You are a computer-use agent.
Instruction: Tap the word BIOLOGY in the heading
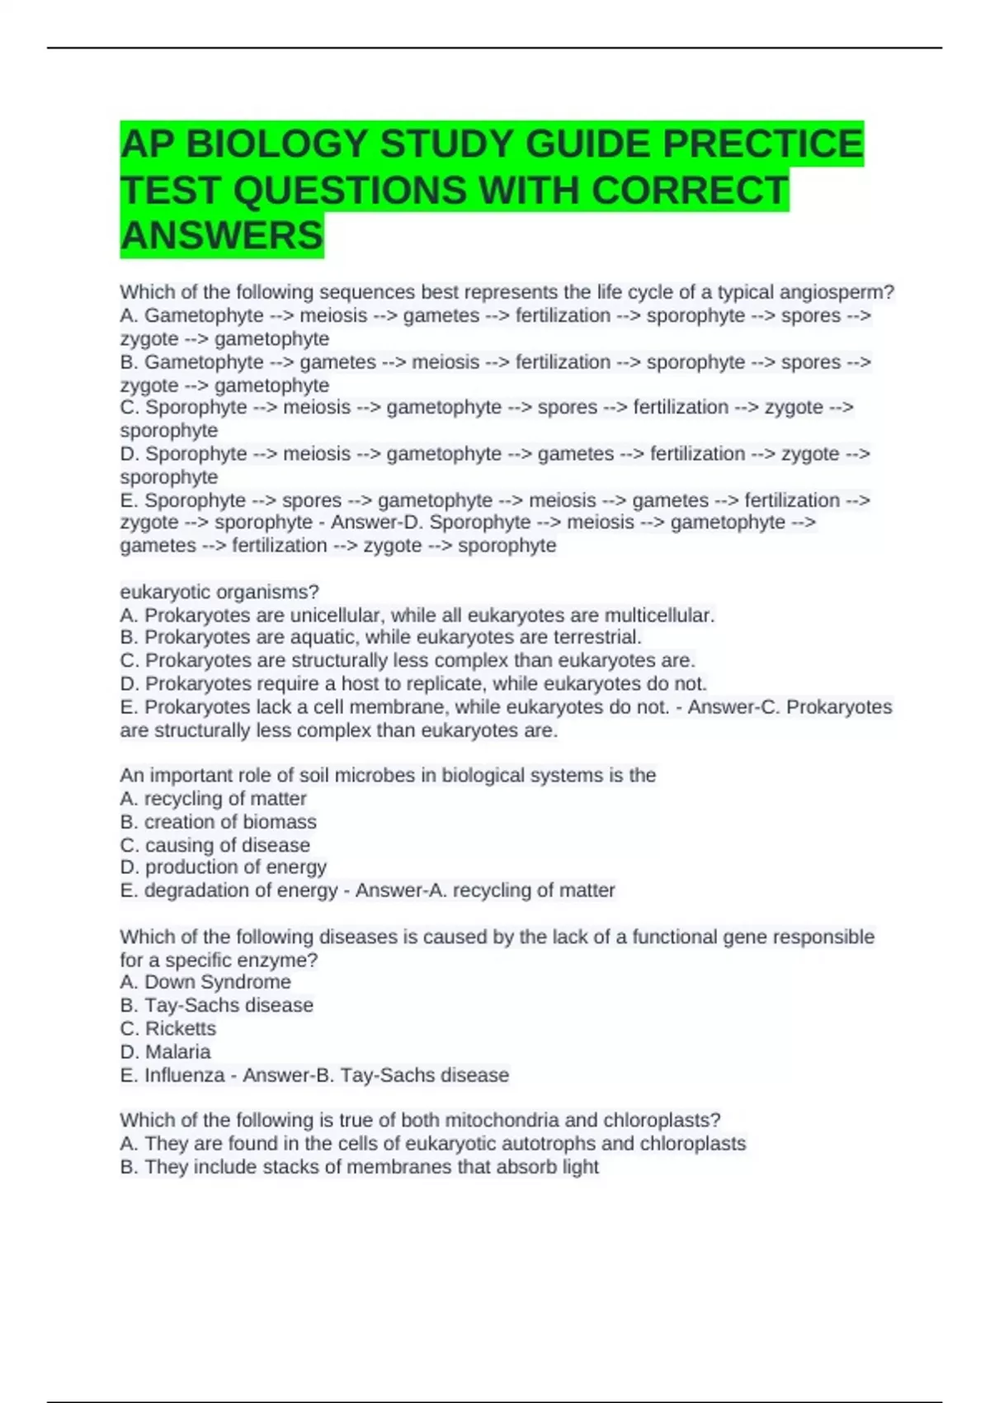click(x=276, y=144)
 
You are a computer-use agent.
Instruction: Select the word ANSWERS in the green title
click(x=222, y=235)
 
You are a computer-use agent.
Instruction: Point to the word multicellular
click(x=659, y=615)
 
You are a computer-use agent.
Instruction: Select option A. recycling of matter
click(x=213, y=799)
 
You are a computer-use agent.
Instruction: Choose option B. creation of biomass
click(x=218, y=822)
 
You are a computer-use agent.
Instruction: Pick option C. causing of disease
click(x=214, y=845)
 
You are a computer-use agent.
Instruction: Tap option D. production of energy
click(x=223, y=867)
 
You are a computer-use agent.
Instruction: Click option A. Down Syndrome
click(x=205, y=982)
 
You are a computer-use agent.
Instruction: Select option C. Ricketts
click(x=168, y=1028)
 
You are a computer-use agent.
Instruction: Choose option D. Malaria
click(x=165, y=1051)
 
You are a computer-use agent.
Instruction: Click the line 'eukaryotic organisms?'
click(x=219, y=592)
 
